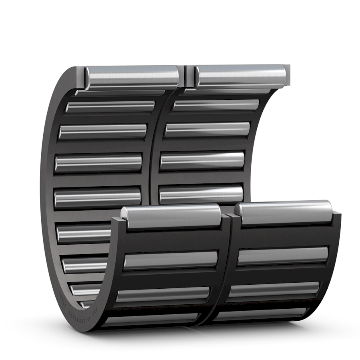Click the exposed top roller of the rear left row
[132, 76]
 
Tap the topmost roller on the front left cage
[172, 216]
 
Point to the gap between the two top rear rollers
[187, 76]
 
